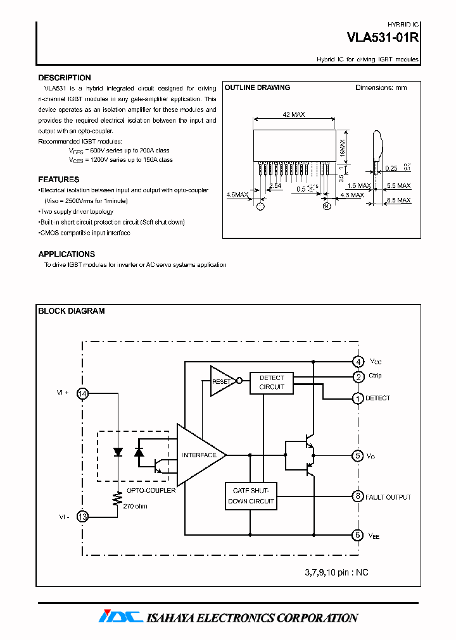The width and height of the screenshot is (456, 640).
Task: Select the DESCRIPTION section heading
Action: (x=65, y=78)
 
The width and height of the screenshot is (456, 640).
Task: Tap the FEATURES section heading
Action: (x=59, y=180)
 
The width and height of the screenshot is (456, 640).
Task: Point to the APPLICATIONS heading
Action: (x=66, y=254)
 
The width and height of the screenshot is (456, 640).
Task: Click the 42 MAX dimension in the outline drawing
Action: (x=294, y=114)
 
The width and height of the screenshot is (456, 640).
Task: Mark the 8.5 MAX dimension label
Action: (x=399, y=200)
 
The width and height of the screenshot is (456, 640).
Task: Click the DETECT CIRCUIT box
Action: (x=272, y=383)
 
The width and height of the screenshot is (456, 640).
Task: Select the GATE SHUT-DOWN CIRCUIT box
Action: (x=250, y=496)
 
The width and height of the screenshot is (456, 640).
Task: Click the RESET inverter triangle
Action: (x=221, y=381)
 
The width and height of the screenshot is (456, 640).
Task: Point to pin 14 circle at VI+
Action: (x=82, y=393)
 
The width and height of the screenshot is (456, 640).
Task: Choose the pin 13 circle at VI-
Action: (x=82, y=517)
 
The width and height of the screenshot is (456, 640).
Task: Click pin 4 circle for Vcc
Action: (x=358, y=362)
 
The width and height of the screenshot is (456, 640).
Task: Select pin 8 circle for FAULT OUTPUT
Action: (x=358, y=496)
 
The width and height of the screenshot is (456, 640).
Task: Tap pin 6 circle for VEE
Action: (x=358, y=535)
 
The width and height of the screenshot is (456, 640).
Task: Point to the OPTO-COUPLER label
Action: (x=151, y=490)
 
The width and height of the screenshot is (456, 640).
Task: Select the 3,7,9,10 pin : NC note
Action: (x=336, y=572)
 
